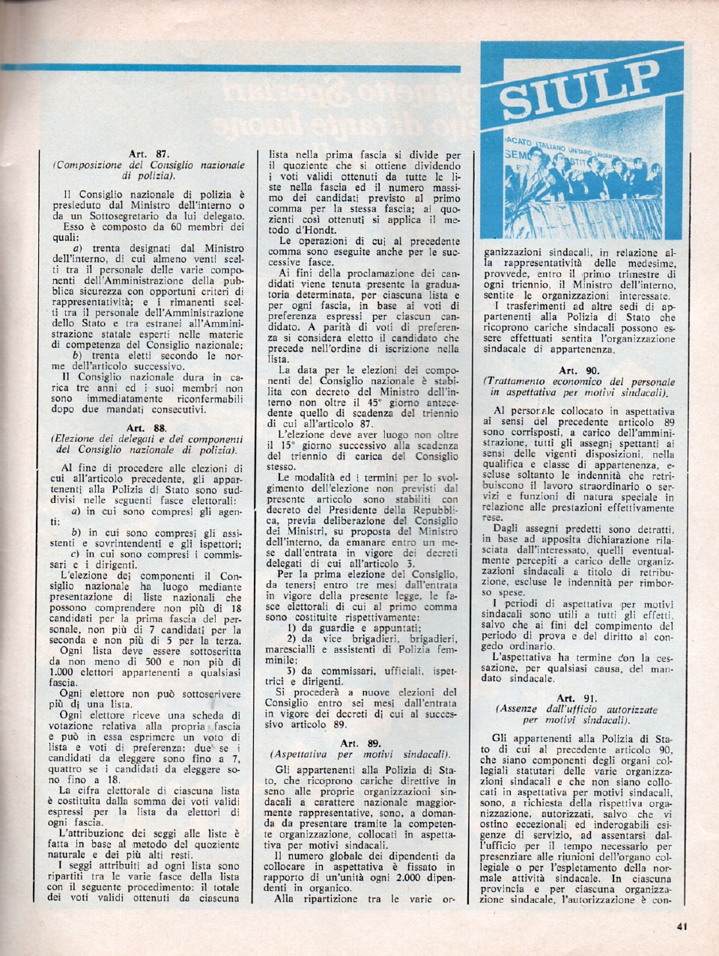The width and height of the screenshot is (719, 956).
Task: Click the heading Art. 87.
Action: [x=148, y=154]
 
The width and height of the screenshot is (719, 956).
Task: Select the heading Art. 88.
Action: [x=148, y=427]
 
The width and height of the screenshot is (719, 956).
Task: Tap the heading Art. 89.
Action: [x=360, y=743]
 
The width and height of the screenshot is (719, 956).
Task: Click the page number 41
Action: [x=681, y=927]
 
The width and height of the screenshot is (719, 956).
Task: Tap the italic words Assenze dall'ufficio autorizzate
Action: [x=577, y=708]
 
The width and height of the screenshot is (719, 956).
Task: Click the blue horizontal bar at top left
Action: [x=225, y=68]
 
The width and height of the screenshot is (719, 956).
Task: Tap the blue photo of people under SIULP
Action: [x=580, y=187]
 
